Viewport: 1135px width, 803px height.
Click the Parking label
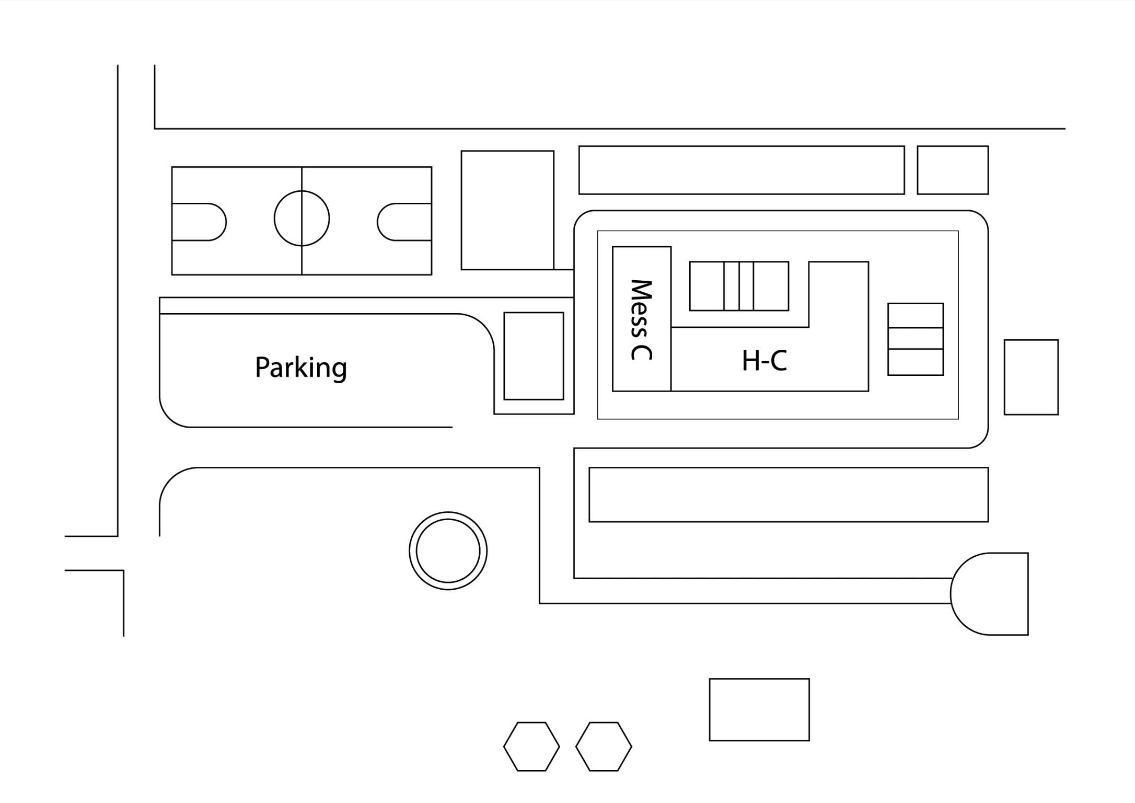[x=301, y=368]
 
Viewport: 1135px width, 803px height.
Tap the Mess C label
[x=641, y=320]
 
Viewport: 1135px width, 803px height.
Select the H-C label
[x=765, y=361]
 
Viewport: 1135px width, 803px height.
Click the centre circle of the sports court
[x=302, y=219]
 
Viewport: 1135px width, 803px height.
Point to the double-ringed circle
[x=448, y=550]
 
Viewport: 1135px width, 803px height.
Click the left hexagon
[x=531, y=747]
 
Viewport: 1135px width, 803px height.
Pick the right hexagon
[x=604, y=747]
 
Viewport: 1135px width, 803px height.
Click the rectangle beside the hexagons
[x=759, y=709]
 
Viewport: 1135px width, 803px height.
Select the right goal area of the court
[x=406, y=222]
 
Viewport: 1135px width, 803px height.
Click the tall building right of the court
[x=507, y=210]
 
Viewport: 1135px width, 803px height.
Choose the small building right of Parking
[x=534, y=356]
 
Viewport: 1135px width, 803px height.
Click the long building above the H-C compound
[x=741, y=170]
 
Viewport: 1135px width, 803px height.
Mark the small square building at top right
[x=953, y=170]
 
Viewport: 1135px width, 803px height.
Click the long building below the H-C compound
[x=788, y=495]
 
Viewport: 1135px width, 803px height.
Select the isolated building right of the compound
[x=1031, y=377]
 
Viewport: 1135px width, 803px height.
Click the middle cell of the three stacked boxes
[x=916, y=338]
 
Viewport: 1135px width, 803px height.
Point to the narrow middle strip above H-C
[x=738, y=286]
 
